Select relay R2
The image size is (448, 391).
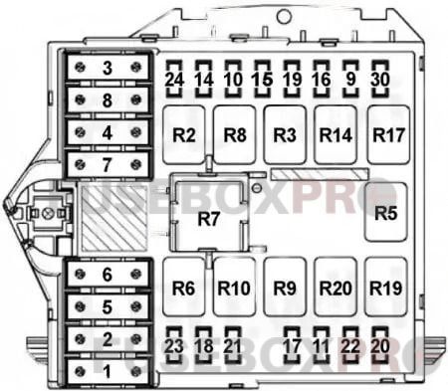click(x=182, y=133)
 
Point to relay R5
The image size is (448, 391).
click(x=385, y=212)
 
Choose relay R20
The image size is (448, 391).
click(x=336, y=288)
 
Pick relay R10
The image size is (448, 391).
click(x=234, y=288)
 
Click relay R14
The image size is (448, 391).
click(x=336, y=133)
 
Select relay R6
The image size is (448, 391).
click(x=182, y=288)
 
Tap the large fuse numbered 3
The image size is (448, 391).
click(x=108, y=69)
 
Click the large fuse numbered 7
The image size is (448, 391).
click(x=108, y=162)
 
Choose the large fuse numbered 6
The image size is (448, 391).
click(x=108, y=274)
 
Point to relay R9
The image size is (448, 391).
click(x=285, y=288)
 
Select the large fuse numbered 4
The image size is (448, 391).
click(x=108, y=131)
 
